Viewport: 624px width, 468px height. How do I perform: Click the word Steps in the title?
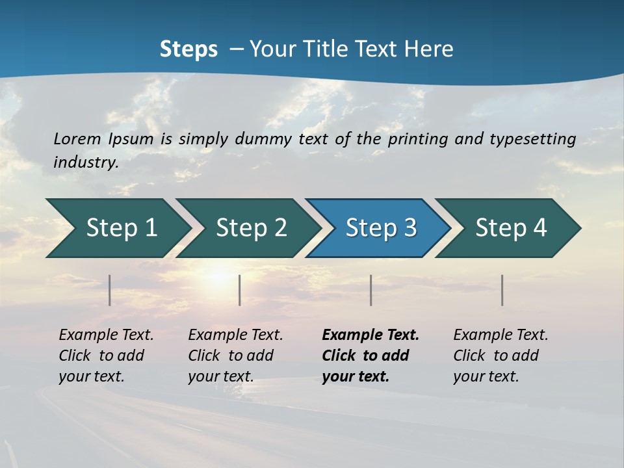point(188,49)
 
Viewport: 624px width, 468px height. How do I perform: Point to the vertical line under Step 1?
point(110,290)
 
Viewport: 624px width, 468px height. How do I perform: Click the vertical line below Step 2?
point(240,290)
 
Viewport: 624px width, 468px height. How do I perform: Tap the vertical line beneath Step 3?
point(371,290)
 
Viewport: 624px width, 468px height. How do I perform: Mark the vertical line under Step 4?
point(502,290)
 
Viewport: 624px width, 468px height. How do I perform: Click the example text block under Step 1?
point(106,356)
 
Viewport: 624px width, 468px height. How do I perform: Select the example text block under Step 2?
point(235,356)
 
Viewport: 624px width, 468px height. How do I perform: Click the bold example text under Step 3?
point(370,356)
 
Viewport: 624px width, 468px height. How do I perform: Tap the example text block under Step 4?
point(500,356)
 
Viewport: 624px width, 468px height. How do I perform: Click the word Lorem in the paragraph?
point(77,138)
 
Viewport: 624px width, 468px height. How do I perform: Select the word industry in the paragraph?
point(86,162)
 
